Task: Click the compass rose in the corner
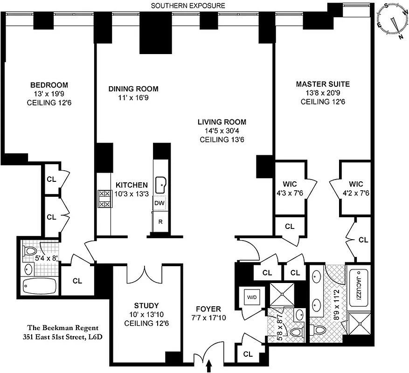[392, 19]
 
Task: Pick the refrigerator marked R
[160, 221]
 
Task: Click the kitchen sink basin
[161, 185]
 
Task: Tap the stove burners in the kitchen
[104, 199]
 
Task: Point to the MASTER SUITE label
[323, 84]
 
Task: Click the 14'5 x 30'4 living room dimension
[215, 131]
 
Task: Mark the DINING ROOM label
[133, 89]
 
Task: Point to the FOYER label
[208, 309]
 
